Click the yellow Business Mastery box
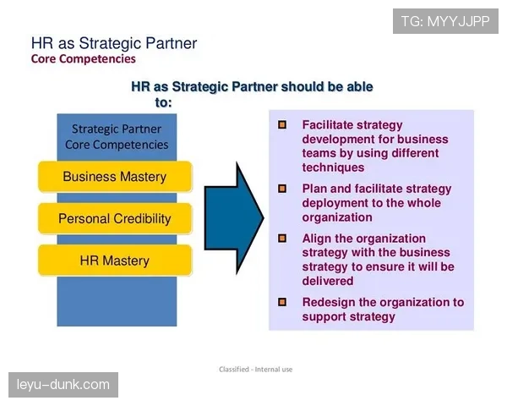(x=115, y=177)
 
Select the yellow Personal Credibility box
(x=115, y=218)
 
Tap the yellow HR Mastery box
(x=115, y=261)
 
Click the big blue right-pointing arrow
(x=234, y=218)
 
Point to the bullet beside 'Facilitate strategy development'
(x=282, y=124)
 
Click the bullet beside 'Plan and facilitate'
(x=282, y=189)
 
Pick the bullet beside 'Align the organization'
(x=282, y=239)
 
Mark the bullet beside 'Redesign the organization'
(x=282, y=302)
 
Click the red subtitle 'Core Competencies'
(x=84, y=59)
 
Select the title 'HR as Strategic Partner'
(x=114, y=43)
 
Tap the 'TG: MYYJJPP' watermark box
(x=445, y=21)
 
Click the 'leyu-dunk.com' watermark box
(x=63, y=385)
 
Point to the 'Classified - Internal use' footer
(x=256, y=369)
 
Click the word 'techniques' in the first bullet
(x=333, y=167)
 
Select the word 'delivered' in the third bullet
(x=328, y=281)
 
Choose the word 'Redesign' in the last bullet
(x=329, y=303)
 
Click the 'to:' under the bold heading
(x=163, y=102)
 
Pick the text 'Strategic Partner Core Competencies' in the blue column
(x=117, y=137)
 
